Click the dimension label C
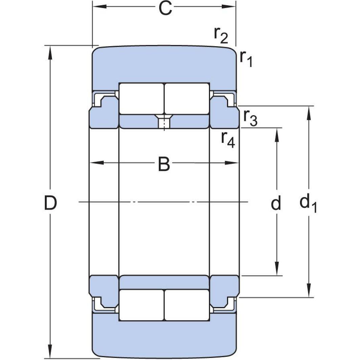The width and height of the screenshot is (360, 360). [165, 8]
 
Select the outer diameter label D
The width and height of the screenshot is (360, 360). [50, 203]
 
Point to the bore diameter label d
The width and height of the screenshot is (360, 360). [276, 203]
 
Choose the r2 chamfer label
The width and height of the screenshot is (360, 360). [221, 35]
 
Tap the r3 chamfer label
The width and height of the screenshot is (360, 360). [250, 118]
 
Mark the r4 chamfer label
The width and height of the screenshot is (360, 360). [228, 139]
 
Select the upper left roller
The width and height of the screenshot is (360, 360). [141, 98]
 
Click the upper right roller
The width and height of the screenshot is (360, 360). [187, 98]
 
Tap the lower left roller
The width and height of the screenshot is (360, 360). [141, 305]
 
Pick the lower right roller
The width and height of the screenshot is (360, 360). [187, 305]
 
